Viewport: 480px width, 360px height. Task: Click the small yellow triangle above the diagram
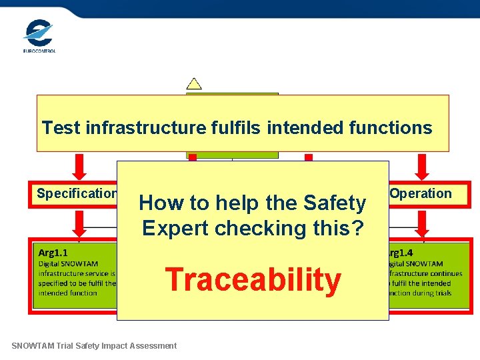(194, 84)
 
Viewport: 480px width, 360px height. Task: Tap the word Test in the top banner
(58, 127)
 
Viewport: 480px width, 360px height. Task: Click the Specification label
(77, 194)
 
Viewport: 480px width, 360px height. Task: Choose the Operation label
(421, 194)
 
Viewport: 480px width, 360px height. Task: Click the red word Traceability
(253, 279)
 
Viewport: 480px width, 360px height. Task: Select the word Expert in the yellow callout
(171, 228)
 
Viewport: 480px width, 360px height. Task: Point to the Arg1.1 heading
(53, 253)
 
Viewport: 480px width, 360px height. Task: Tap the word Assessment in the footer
(154, 345)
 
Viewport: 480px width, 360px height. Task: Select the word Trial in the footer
(71, 345)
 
